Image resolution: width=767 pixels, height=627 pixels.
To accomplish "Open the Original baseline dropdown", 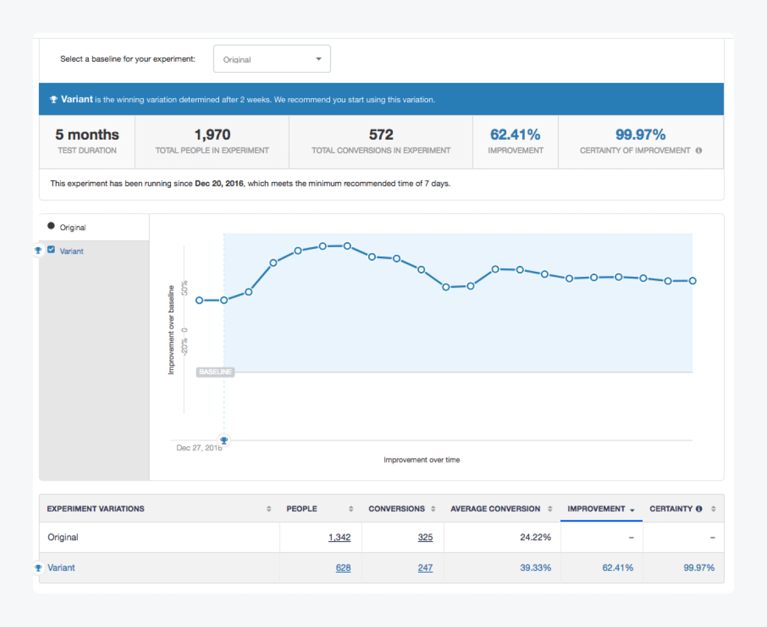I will tap(272, 59).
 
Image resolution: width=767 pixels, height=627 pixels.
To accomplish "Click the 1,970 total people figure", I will tap(212, 135).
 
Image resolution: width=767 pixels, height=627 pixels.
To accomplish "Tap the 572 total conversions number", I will tap(381, 135).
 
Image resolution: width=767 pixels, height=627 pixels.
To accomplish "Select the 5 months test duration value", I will tap(87, 135).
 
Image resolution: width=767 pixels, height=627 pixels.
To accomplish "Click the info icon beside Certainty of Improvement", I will tap(699, 151).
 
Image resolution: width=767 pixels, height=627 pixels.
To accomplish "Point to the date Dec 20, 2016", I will tap(219, 184).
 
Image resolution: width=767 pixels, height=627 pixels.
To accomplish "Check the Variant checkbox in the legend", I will tap(51, 250).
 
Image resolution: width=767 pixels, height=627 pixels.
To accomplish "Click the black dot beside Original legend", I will tap(51, 226).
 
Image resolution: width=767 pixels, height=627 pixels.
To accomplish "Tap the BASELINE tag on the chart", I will tap(215, 372).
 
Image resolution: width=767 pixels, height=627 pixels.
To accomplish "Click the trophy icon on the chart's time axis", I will tap(224, 440).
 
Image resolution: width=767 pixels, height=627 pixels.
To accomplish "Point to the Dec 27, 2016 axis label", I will tap(199, 448).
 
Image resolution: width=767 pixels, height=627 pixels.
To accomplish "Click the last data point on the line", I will tap(692, 281).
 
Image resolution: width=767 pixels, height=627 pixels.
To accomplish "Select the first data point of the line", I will tap(199, 300).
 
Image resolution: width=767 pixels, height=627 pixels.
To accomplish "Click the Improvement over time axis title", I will tap(421, 460).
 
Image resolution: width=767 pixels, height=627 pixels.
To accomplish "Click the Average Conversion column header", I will tap(495, 509).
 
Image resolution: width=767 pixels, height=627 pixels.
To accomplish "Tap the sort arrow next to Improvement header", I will tap(632, 510).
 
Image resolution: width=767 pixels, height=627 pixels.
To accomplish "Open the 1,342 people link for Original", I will tap(339, 537).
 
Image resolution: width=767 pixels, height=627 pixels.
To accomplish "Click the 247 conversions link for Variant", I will tap(425, 568).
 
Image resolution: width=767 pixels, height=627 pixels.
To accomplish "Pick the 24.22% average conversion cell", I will tap(535, 537).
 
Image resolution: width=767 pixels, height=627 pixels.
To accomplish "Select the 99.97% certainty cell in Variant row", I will tap(699, 568).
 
